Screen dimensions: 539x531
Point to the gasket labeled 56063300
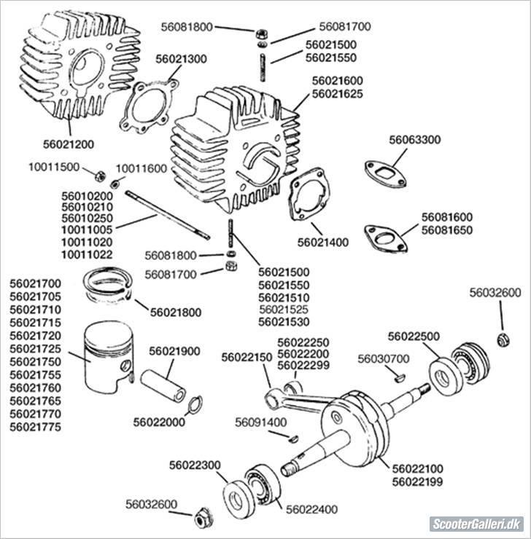[384, 170]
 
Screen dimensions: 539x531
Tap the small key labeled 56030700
[399, 377]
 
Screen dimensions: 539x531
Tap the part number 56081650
[446, 230]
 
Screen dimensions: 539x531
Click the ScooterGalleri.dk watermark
[476, 524]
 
